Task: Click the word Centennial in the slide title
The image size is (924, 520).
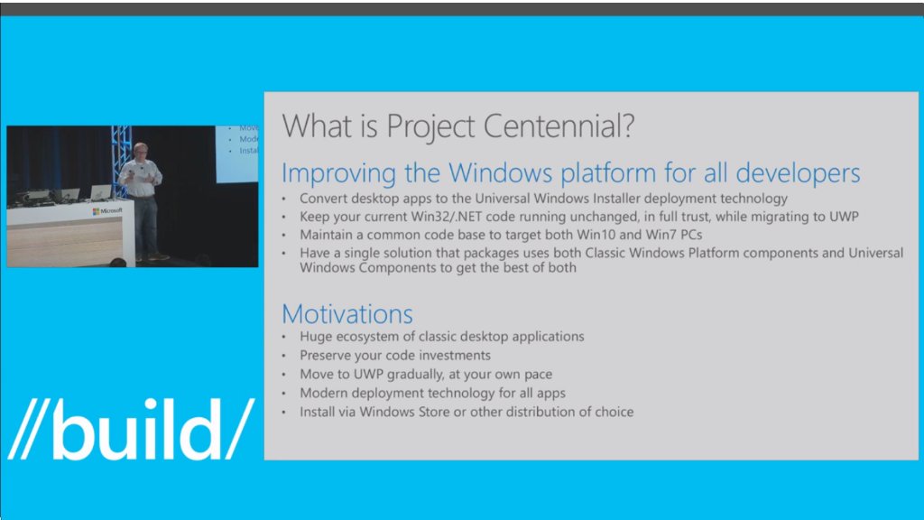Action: pos(550,125)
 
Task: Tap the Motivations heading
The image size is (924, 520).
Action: pos(347,314)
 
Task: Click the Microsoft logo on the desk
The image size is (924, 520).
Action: pos(107,210)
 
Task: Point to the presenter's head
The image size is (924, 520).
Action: pos(140,150)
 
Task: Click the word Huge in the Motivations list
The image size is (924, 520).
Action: pos(317,337)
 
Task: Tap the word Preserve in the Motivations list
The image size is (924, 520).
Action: pos(328,356)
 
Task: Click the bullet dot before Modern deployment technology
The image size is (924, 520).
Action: pos(286,394)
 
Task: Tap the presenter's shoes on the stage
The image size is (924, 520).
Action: pos(153,256)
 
